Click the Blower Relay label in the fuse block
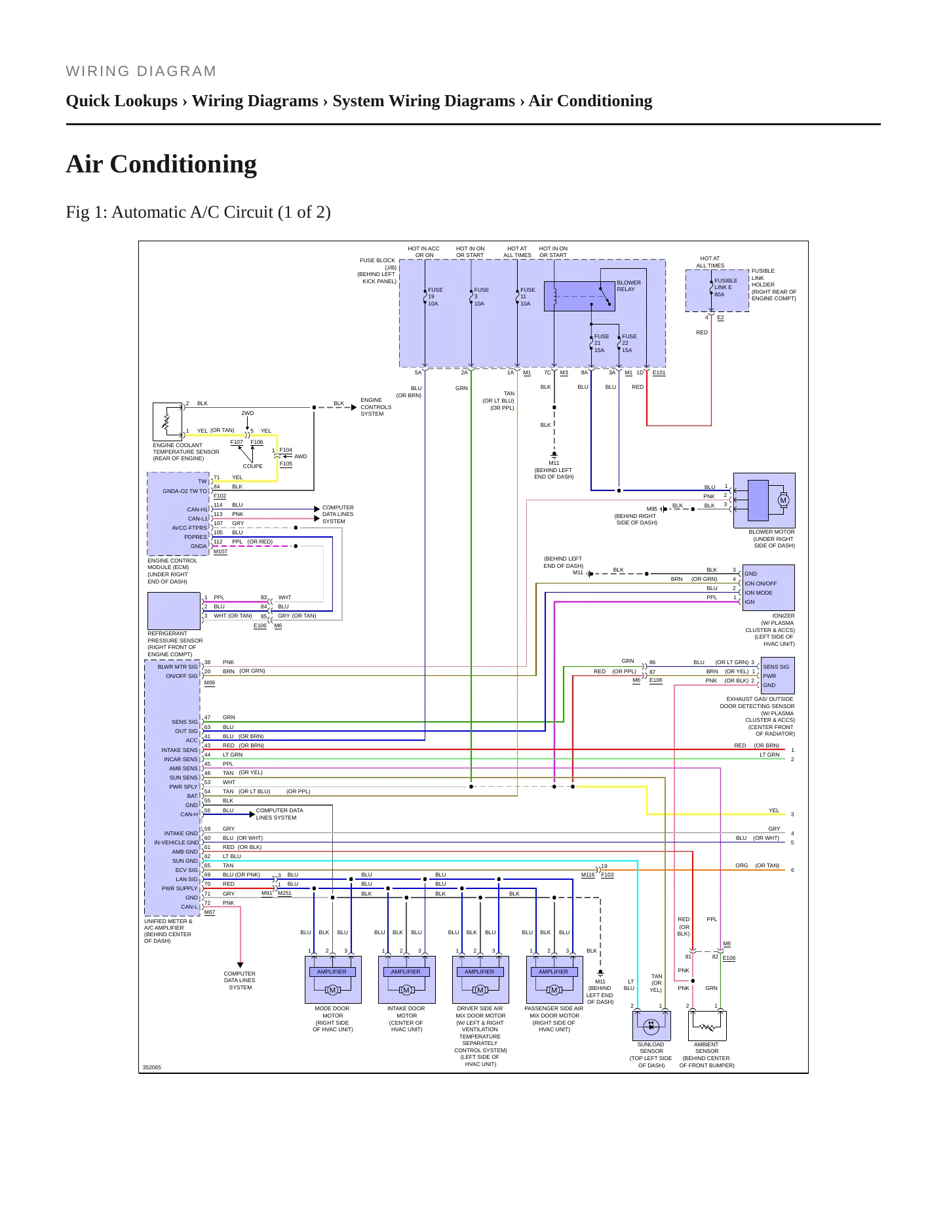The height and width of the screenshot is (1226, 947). tap(628, 286)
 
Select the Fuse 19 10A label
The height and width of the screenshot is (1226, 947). tap(435, 296)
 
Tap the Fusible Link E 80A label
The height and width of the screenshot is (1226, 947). tap(725, 287)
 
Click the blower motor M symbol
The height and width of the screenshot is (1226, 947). tap(783, 500)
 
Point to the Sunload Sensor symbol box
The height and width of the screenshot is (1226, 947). tap(651, 1025)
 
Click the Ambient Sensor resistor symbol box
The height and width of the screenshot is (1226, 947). tap(707, 1025)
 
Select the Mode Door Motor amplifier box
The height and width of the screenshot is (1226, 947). tap(332, 979)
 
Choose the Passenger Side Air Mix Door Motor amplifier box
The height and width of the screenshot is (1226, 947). tap(554, 979)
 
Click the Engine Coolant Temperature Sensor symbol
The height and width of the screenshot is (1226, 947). tap(167, 422)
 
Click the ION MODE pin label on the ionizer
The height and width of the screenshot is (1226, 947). tap(758, 593)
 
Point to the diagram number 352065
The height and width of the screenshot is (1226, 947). tap(151, 1067)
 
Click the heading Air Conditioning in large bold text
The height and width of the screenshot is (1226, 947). tap(161, 164)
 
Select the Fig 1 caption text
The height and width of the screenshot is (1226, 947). tap(198, 212)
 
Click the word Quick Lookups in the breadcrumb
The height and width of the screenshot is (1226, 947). tap(122, 101)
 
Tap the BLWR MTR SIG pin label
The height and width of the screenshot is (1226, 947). tap(177, 667)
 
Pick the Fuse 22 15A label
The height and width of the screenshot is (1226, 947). tap(628, 343)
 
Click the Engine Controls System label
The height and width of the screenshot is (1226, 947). tap(376, 406)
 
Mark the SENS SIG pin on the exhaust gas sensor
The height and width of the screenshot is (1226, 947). tap(776, 667)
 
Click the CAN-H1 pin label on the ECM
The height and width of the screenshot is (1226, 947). tap(197, 509)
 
